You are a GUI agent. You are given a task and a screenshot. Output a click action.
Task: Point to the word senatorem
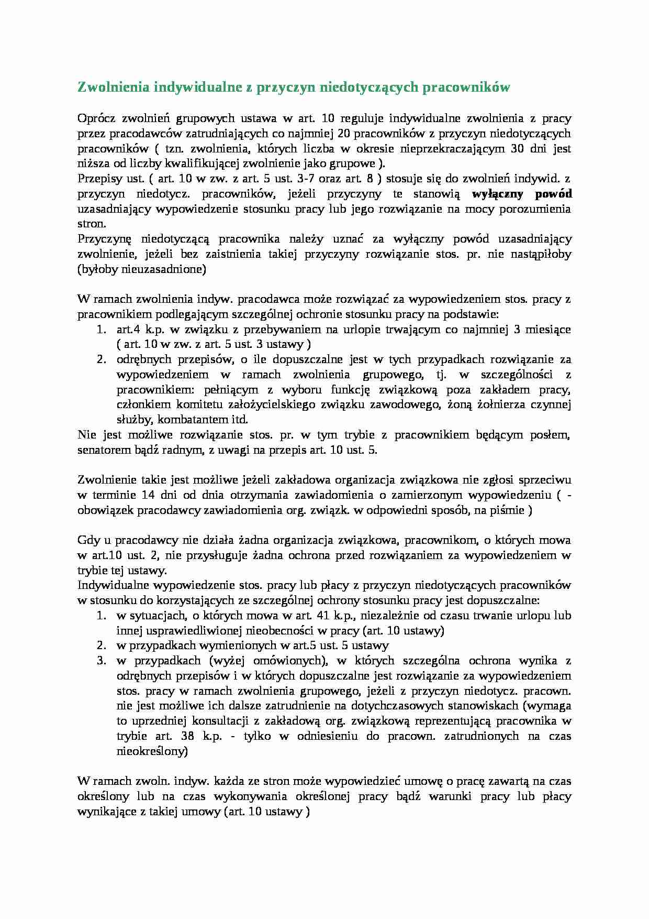pos(99,450)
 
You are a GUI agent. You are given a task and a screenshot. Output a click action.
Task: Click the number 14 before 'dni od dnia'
pos(147,495)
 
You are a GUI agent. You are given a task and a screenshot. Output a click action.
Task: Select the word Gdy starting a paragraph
pos(87,540)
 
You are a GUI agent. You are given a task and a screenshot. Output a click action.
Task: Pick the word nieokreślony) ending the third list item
pos(152,751)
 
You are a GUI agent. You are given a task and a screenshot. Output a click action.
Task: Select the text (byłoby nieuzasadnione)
pos(142,270)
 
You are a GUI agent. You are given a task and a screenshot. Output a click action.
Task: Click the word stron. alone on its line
pos(92,224)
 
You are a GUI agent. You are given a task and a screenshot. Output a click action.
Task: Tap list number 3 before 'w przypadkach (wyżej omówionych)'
pos(102,661)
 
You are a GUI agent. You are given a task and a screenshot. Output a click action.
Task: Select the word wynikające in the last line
pos(104,812)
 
